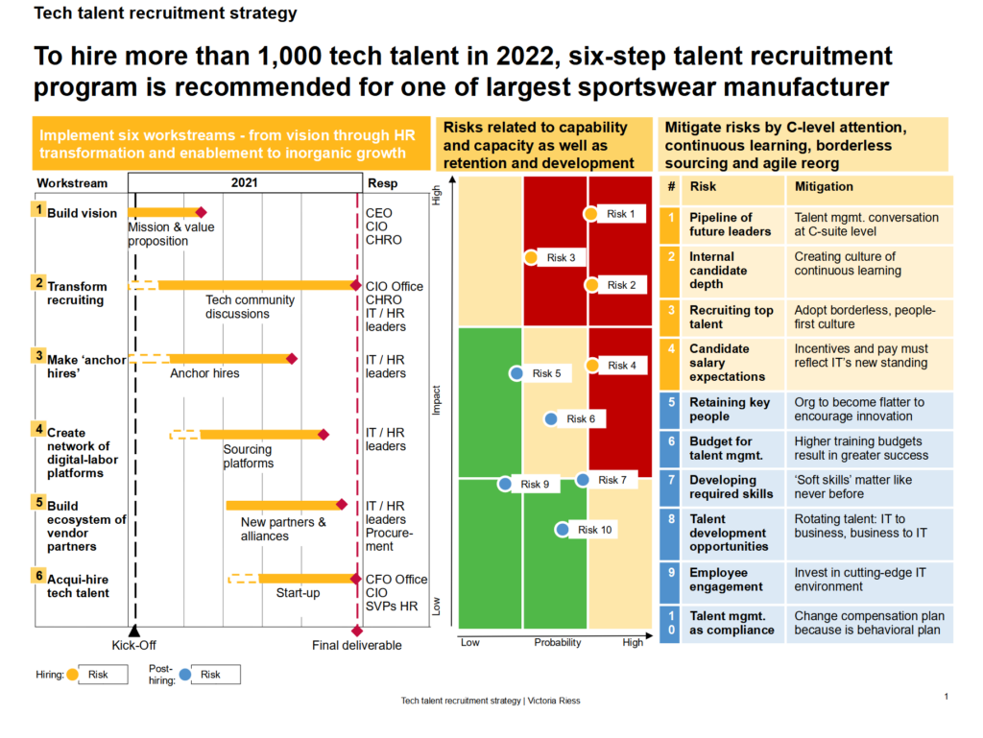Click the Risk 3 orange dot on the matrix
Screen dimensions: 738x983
(530, 257)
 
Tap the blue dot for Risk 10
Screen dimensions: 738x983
(562, 529)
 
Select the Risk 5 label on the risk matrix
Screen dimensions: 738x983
(546, 373)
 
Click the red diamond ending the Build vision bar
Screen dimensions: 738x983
(201, 213)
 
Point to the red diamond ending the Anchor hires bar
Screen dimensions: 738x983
(292, 358)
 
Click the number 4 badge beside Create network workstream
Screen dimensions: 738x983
(39, 428)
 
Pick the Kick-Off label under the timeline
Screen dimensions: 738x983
(133, 645)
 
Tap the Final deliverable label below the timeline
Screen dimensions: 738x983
(356, 645)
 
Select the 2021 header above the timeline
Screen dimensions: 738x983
(245, 182)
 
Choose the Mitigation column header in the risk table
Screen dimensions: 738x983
(824, 186)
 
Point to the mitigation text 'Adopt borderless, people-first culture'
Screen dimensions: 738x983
(864, 317)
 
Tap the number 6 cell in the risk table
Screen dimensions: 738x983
(672, 441)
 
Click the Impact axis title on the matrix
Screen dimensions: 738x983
(438, 400)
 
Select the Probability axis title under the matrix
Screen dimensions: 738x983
(557, 642)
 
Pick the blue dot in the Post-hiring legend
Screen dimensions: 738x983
(186, 674)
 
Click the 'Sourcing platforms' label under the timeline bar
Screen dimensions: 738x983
(248, 456)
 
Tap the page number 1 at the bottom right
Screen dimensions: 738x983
(947, 697)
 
